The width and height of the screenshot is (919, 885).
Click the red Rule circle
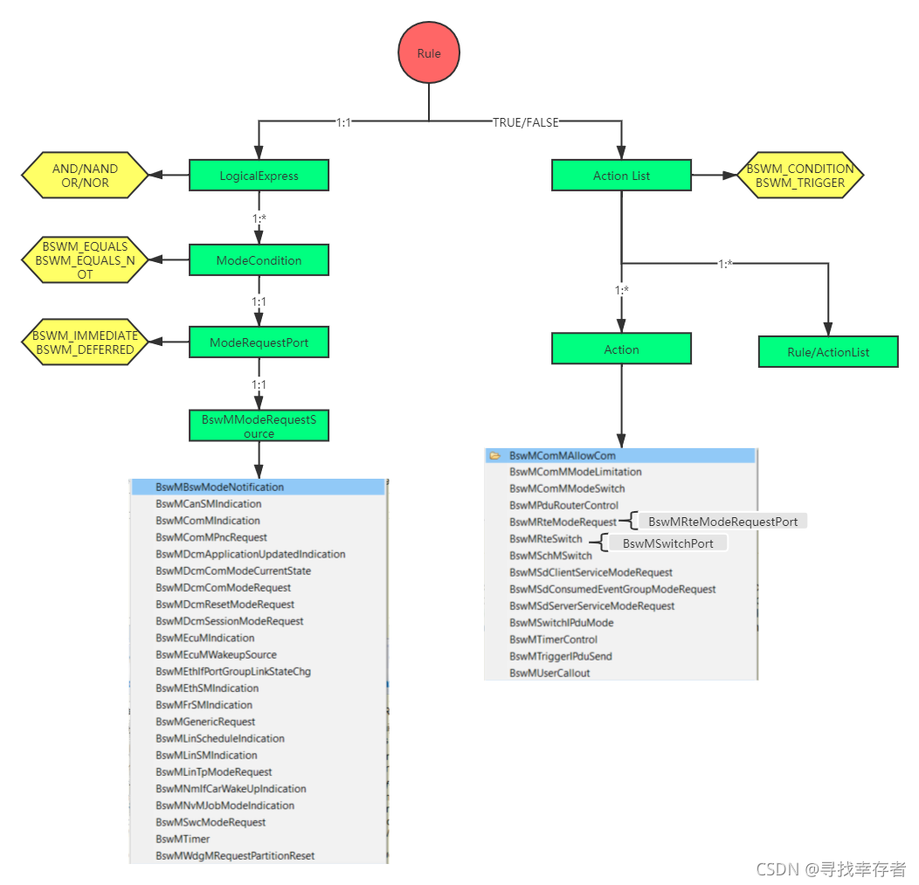point(429,53)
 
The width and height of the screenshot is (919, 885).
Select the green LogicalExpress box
point(259,176)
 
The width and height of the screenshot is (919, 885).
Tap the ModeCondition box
point(259,260)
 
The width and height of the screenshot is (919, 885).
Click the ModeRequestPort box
point(259,342)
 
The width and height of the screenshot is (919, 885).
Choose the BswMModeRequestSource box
point(259,426)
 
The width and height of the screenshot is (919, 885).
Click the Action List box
point(621,176)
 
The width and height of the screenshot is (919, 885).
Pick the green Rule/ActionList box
point(827,352)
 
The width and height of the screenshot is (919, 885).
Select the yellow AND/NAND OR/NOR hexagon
point(85,176)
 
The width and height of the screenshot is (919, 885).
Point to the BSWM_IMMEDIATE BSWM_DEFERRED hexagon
point(85,342)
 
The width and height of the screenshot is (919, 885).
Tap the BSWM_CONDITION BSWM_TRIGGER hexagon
point(799,176)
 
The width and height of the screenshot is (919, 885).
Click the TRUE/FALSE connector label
point(525,122)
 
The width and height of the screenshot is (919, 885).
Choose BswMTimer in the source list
point(183,839)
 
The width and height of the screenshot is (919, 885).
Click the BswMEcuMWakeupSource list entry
point(216,654)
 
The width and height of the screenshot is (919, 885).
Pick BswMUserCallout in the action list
point(549,673)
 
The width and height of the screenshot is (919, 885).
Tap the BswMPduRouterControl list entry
point(563,505)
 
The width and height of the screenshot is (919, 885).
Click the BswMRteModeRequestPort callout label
point(722,522)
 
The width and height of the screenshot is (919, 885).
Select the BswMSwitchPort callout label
point(667,543)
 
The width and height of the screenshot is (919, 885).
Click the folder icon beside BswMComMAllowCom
point(495,455)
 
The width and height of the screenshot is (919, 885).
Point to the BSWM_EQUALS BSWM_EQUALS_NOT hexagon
point(85,260)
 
